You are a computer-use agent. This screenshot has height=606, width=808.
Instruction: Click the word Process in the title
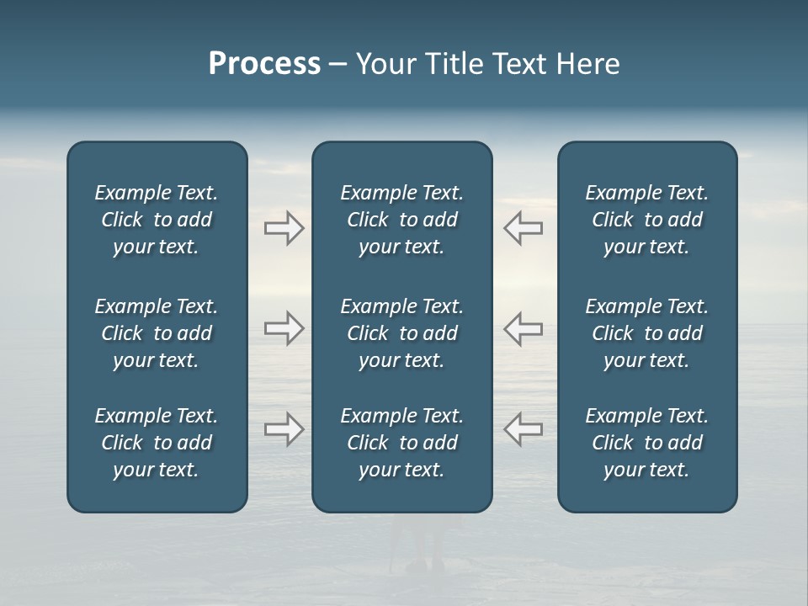pyautogui.click(x=264, y=64)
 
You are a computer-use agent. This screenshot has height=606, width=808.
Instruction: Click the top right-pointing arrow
pyautogui.click(x=284, y=228)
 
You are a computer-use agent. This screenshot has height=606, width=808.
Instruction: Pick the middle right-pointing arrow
pyautogui.click(x=284, y=328)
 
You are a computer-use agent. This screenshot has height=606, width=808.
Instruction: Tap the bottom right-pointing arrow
pyautogui.click(x=284, y=429)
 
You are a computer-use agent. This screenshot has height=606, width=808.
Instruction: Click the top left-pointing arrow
pyautogui.click(x=523, y=228)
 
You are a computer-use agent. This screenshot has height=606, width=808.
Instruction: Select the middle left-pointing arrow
pyautogui.click(x=523, y=328)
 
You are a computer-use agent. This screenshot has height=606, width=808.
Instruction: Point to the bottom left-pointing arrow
pyautogui.click(x=523, y=429)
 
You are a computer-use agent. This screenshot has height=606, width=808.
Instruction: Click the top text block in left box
pyautogui.click(x=157, y=220)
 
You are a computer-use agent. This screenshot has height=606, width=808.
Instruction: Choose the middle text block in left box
pyautogui.click(x=157, y=333)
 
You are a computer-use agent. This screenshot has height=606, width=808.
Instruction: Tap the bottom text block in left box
pyautogui.click(x=157, y=443)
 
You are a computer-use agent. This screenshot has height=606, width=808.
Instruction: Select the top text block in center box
pyautogui.click(x=401, y=220)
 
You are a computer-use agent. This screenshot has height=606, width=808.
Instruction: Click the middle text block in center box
pyautogui.click(x=401, y=333)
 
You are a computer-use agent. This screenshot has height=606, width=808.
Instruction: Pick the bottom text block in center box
pyautogui.click(x=401, y=443)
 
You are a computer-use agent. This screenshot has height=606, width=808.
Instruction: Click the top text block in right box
pyautogui.click(x=646, y=220)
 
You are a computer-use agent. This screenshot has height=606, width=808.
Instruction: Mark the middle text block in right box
pyautogui.click(x=646, y=333)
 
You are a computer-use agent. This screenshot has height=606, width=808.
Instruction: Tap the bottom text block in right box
pyautogui.click(x=646, y=443)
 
